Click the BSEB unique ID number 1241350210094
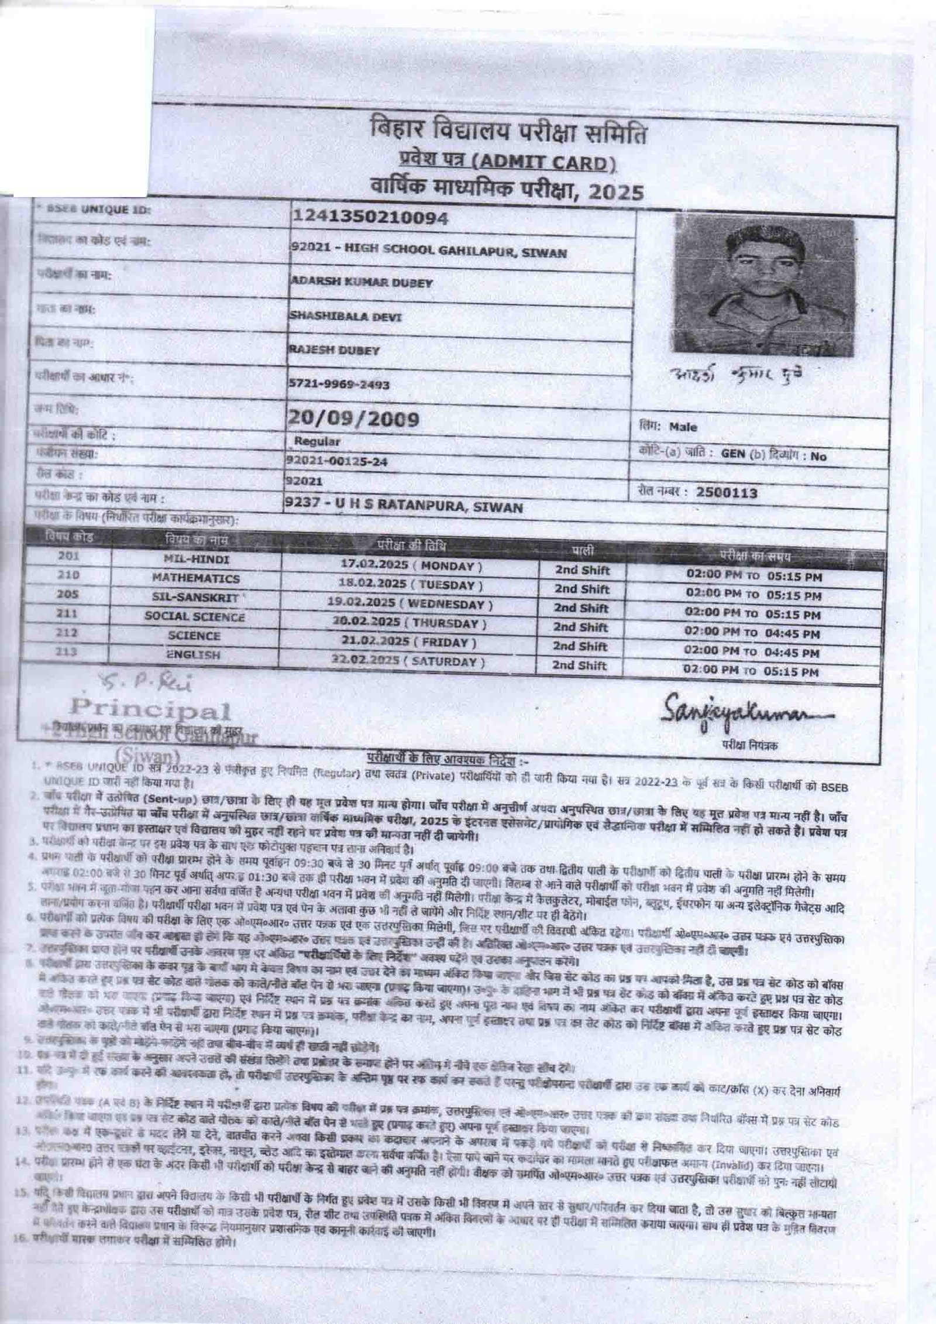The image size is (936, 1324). [x=370, y=218]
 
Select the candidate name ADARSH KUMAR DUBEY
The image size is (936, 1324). [x=362, y=283]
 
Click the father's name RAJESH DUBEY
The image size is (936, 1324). [x=335, y=350]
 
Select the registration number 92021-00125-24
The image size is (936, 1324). [x=336, y=461]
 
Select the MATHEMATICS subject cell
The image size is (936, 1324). [x=196, y=578]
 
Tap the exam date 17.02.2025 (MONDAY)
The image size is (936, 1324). [x=411, y=565]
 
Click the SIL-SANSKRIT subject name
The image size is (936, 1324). [x=195, y=598]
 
